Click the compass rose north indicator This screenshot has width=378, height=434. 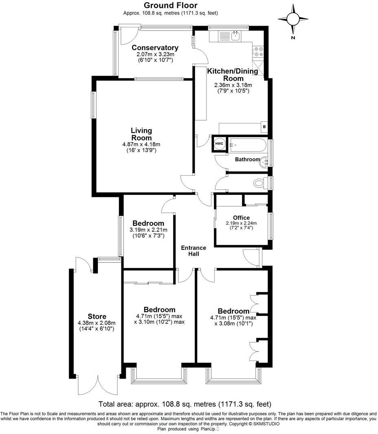293,19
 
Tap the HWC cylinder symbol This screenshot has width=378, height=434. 219,144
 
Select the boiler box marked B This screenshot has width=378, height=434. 264,127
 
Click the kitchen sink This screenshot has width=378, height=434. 235,36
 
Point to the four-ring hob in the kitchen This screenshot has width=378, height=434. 258,52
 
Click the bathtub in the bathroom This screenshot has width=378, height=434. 247,144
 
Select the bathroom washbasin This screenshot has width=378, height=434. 266,162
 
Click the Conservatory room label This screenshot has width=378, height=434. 155,48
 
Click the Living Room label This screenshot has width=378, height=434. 141,134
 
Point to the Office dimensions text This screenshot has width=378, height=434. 241,226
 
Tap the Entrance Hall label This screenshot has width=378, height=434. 193,251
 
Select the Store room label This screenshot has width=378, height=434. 97,316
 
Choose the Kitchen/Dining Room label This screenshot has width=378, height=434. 233,75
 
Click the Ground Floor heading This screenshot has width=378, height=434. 171,5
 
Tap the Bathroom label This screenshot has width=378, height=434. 247,159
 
